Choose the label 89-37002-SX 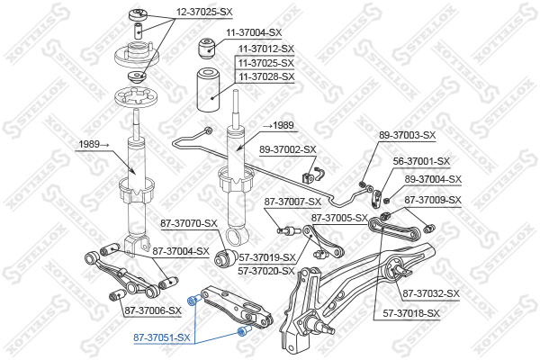tap(288, 149)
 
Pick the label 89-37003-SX tap(407, 135)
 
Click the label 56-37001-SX tap(421, 162)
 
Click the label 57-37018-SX tap(411, 313)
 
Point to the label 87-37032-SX tap(431, 293)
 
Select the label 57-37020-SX tap(266, 271)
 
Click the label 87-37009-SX tap(433, 200)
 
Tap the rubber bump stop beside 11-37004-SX tap(207, 46)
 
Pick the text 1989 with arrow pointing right tap(93, 143)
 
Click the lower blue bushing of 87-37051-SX tap(240, 333)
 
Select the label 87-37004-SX tap(180, 251)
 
